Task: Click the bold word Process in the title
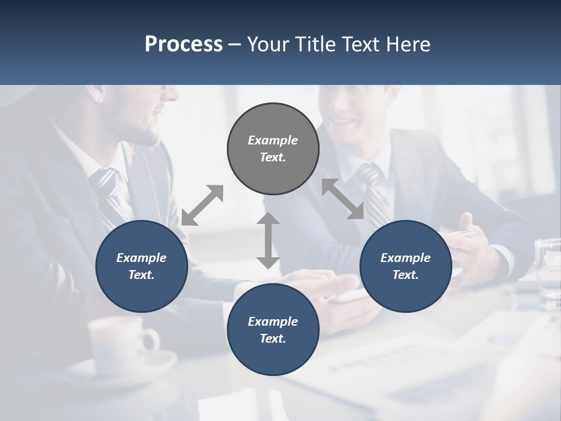coord(183,44)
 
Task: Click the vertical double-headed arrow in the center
coord(268,240)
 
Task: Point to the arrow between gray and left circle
coord(202,205)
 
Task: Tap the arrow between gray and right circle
coord(343,199)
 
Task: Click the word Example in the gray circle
coord(273,140)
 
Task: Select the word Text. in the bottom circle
coord(273,339)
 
